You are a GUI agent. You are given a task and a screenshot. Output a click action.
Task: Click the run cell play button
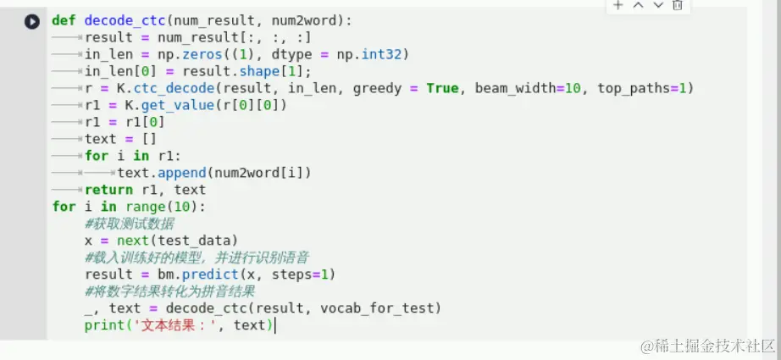tap(32, 21)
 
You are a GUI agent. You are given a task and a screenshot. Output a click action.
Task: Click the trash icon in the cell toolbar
tap(677, 5)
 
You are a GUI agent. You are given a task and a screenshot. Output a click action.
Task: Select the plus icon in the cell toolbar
tap(618, 5)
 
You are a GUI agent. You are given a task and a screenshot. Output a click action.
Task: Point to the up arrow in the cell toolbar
tap(638, 5)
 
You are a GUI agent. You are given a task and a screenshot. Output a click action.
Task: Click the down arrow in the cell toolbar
tap(657, 5)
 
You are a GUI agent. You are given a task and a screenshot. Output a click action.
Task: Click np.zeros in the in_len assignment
tap(171, 54)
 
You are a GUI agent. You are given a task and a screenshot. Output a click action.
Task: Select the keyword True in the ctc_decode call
tap(442, 88)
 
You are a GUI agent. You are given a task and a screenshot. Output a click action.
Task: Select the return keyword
tap(108, 190)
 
